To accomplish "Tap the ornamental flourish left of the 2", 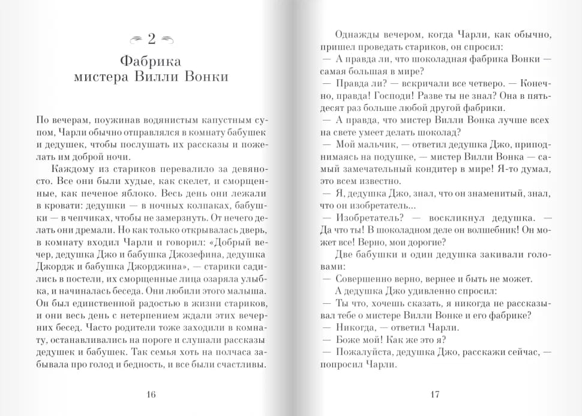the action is [136, 40].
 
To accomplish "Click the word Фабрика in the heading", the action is [150, 61].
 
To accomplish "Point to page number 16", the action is [151, 394].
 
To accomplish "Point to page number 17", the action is [435, 394].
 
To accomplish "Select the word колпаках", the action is [209, 207].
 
